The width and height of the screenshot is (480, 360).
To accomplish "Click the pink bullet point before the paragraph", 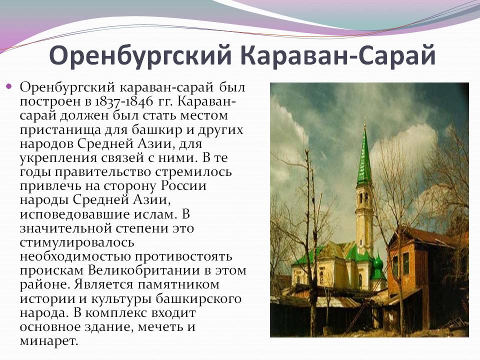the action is [9, 86].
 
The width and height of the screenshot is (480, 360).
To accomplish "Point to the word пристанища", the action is [60, 130].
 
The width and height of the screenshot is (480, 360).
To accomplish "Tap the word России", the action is [184, 186].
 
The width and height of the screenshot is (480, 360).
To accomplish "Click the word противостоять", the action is [183, 256].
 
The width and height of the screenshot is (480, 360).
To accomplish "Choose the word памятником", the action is [178, 284].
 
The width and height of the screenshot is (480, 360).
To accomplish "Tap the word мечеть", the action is [160, 327].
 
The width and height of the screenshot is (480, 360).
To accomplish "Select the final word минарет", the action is [49, 341].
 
